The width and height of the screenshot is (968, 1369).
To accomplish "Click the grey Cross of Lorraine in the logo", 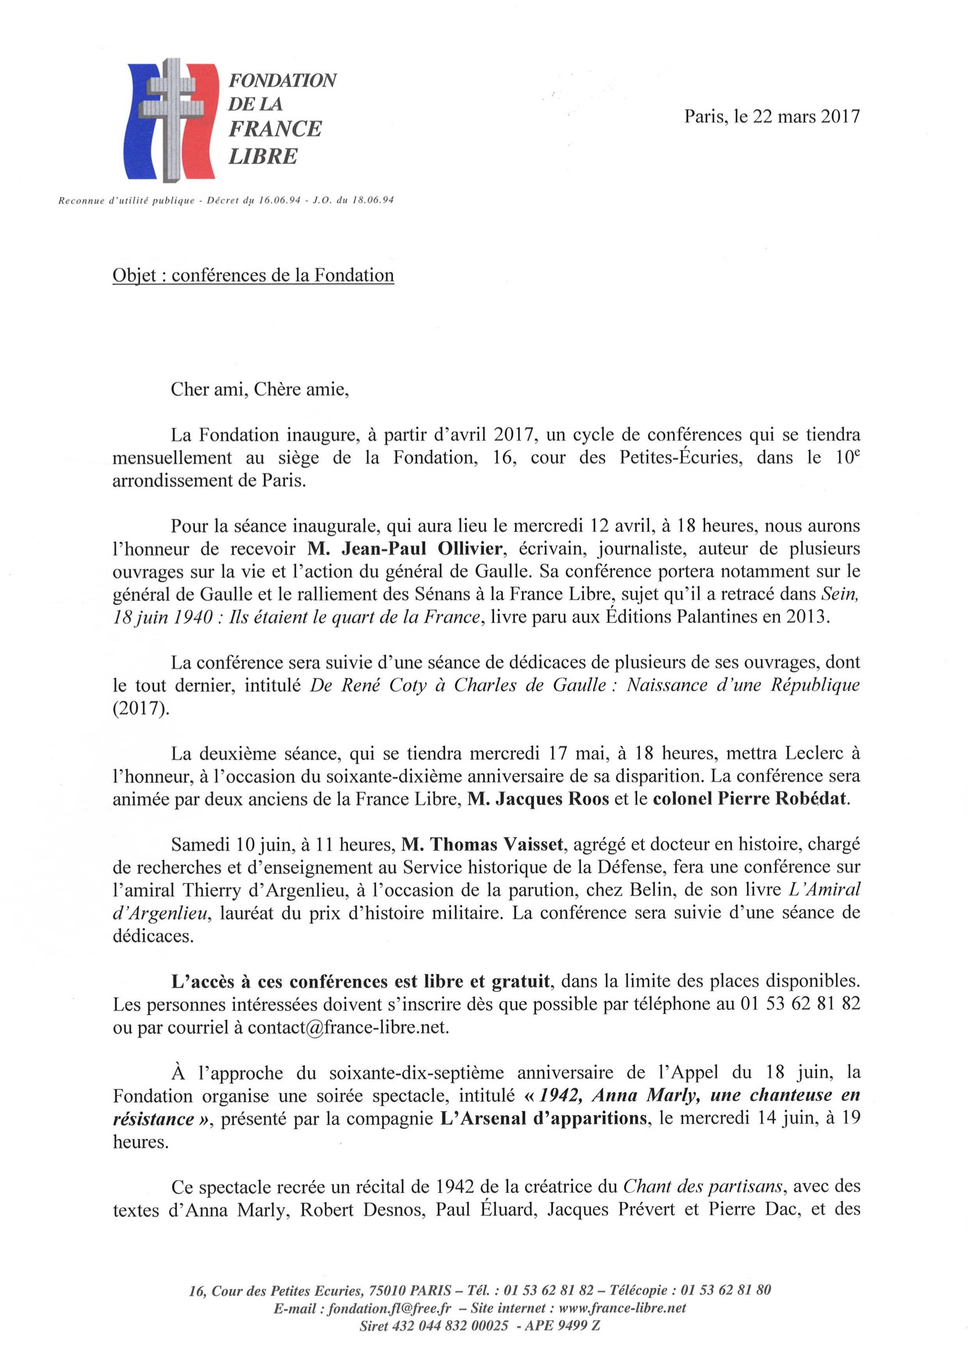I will (x=173, y=119).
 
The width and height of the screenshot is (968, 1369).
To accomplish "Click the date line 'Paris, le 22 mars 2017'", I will (x=772, y=115).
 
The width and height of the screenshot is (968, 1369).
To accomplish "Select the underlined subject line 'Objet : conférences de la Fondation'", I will (x=253, y=275).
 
